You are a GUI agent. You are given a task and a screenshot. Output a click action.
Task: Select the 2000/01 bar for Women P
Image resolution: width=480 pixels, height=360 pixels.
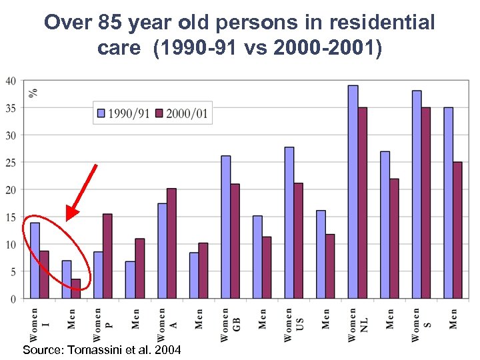point(107,256)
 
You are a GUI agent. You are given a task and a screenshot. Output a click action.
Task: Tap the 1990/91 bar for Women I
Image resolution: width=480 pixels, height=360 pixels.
point(35,261)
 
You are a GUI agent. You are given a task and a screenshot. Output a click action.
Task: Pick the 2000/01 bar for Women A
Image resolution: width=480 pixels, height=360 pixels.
point(171,243)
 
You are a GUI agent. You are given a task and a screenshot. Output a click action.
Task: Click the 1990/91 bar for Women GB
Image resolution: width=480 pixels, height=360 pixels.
point(226,227)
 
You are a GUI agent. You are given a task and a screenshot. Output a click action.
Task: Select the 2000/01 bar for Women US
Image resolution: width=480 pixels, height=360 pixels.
point(299,241)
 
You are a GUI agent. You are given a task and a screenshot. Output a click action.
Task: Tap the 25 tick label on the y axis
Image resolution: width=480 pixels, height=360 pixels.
point(11,163)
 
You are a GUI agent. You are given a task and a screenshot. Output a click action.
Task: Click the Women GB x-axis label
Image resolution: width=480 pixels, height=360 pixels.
point(229,324)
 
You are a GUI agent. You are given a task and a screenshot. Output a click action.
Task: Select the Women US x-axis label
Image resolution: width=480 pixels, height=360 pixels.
point(293,324)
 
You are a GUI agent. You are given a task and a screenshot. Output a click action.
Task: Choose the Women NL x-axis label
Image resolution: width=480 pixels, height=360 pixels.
point(357,324)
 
